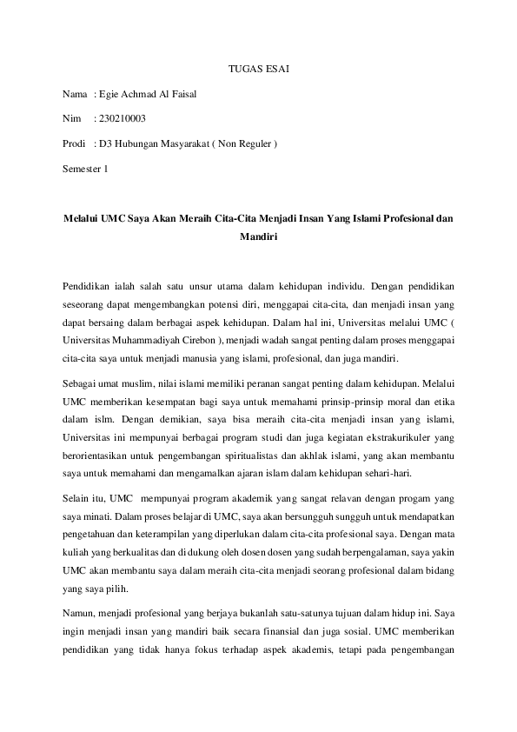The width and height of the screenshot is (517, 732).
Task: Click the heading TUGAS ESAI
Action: pyautogui.click(x=258, y=67)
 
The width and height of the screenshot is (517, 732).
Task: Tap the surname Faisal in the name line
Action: pyautogui.click(x=182, y=93)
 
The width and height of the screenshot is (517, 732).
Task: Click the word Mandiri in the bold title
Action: pyautogui.click(x=257, y=235)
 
